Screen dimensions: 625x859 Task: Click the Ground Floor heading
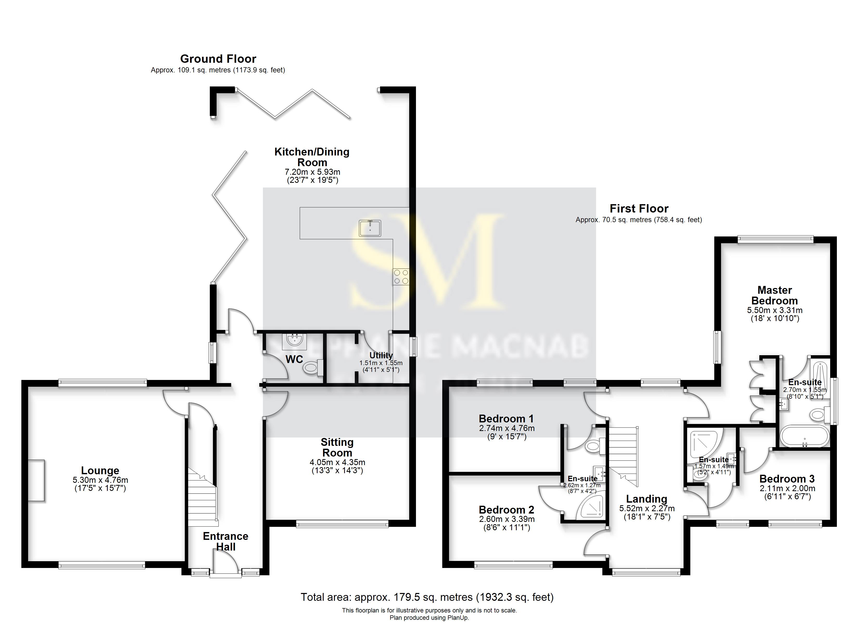coord(218,59)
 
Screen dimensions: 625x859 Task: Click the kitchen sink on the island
coord(370,228)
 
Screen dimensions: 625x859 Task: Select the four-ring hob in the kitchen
coord(401,277)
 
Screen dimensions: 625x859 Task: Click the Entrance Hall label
coord(225,541)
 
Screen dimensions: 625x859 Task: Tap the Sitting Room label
coord(337,447)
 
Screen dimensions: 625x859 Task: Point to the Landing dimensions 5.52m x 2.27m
coord(647,509)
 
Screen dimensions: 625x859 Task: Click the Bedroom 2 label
coord(506,510)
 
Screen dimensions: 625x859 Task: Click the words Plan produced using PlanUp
coord(429,618)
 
